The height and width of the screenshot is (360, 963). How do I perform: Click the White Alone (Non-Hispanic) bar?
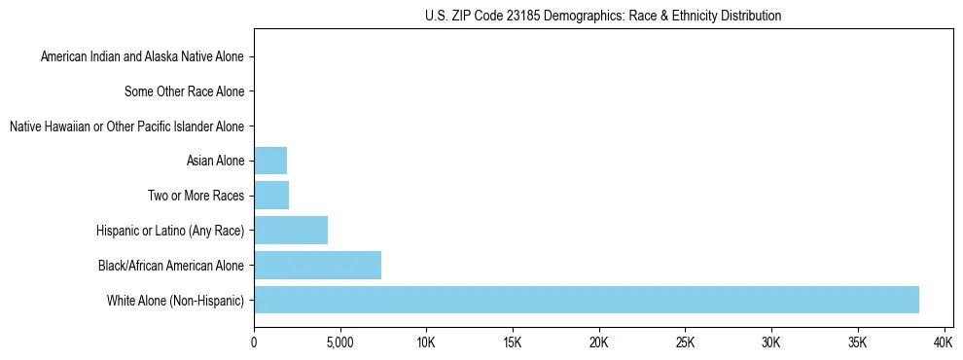(x=586, y=300)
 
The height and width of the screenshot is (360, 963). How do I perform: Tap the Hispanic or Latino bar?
(x=291, y=231)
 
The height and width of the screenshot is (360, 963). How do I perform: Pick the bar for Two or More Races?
(x=271, y=196)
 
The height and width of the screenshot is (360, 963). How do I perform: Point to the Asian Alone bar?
(x=270, y=161)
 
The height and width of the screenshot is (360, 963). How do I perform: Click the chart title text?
(x=603, y=16)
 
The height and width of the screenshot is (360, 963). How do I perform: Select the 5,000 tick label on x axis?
(x=339, y=343)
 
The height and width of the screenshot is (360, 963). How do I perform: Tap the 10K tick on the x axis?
(x=426, y=343)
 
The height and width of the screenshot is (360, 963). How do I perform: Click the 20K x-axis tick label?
(x=598, y=343)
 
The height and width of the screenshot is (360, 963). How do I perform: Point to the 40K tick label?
(x=944, y=343)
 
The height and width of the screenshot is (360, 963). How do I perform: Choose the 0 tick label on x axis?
(x=254, y=343)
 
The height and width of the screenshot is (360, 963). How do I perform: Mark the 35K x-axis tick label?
(x=857, y=343)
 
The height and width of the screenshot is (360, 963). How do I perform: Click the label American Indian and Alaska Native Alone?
(x=143, y=57)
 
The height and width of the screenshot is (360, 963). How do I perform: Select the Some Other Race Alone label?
(x=185, y=92)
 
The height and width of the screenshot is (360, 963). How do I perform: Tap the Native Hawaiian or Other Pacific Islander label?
(x=126, y=126)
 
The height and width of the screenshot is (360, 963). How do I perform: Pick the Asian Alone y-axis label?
(x=215, y=162)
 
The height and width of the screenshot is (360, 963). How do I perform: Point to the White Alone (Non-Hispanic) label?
(x=176, y=300)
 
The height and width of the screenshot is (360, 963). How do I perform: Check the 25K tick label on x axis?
(x=685, y=343)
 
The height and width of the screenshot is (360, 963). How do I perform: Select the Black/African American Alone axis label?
(x=171, y=266)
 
